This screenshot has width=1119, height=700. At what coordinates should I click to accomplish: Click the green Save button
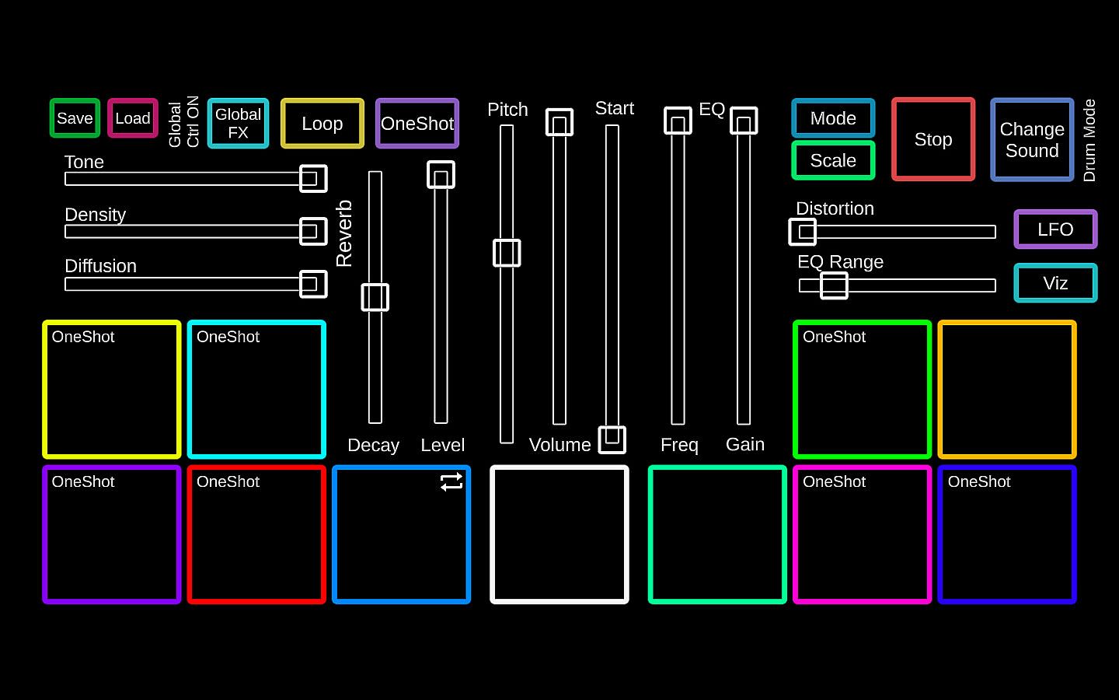[x=75, y=118]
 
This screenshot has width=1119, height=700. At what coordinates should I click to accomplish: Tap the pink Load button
[x=132, y=118]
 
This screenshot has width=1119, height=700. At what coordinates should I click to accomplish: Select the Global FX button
[x=238, y=123]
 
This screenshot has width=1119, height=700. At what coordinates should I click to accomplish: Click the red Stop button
[x=932, y=139]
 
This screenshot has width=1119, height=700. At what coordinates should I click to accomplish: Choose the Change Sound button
[x=1032, y=139]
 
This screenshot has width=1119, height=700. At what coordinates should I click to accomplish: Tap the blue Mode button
[x=833, y=118]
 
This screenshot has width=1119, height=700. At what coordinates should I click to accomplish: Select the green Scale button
[x=833, y=160]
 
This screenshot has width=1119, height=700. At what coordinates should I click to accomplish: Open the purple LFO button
[x=1055, y=229]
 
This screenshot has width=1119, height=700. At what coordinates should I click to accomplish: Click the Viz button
[x=1055, y=283]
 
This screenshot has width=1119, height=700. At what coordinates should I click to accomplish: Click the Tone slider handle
[x=313, y=179]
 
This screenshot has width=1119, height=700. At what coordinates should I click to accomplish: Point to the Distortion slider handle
[x=803, y=232]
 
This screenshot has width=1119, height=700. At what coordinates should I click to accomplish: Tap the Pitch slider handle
[x=507, y=253]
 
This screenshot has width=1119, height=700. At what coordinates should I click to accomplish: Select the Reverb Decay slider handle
[x=375, y=297]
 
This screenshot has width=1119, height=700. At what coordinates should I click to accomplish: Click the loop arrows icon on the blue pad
[x=451, y=482]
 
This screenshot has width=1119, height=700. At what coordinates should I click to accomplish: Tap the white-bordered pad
[x=559, y=534]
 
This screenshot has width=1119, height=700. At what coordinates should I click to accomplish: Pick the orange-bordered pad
[x=1007, y=389]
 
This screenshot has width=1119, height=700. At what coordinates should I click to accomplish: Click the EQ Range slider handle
[x=834, y=285]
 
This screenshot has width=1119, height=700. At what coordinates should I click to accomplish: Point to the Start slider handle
[x=612, y=439]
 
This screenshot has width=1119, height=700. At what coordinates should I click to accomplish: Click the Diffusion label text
[x=101, y=266]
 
